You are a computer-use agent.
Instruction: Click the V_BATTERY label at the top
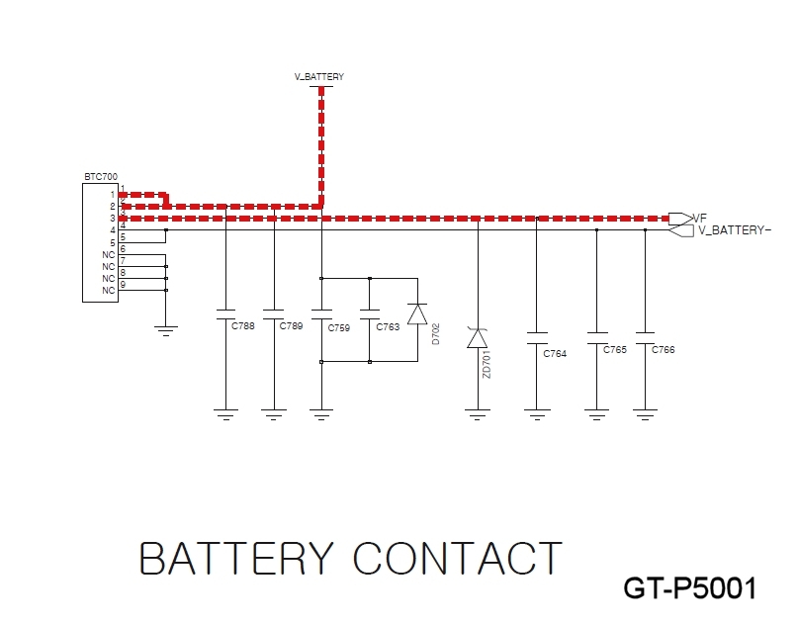319,77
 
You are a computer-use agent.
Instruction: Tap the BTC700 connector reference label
101,177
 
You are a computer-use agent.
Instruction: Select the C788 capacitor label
242,325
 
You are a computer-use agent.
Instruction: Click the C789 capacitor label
291,325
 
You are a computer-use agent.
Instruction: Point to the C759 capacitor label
339,328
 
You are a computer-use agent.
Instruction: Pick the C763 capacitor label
388,326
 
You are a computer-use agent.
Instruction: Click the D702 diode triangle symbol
418,314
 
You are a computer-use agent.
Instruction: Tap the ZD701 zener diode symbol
478,338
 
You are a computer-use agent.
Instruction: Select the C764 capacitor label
555,354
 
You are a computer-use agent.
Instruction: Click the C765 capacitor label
615,350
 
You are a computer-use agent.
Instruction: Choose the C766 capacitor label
664,350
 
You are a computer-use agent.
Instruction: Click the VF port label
700,218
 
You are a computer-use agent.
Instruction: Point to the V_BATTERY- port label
735,230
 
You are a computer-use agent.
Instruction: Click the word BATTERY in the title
236,559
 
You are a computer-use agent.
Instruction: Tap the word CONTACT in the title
458,559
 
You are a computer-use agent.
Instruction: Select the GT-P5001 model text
690,588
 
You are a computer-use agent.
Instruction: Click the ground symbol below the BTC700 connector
166,331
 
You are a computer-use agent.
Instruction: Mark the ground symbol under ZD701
478,414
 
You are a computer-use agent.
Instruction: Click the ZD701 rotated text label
487,364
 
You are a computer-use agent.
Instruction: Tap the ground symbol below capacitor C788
226,414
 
